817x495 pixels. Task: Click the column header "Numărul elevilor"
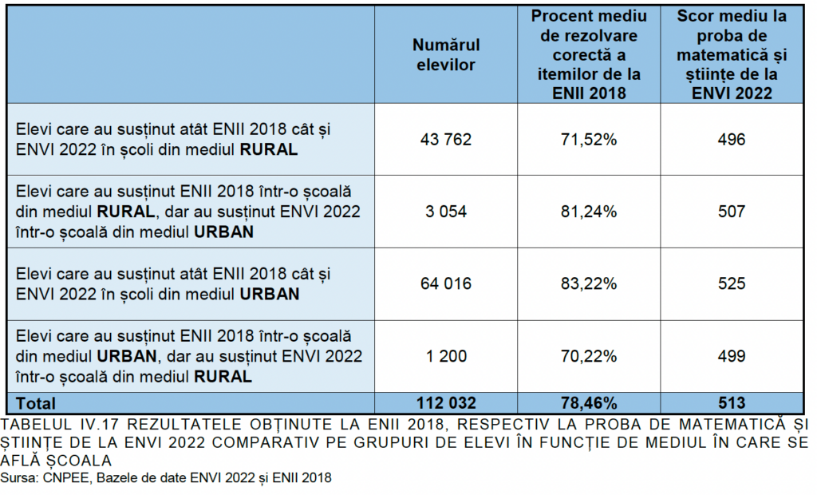tap(446, 55)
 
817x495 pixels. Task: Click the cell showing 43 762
tap(446, 140)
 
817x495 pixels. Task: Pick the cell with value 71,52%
tap(589, 140)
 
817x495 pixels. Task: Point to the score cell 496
tap(731, 140)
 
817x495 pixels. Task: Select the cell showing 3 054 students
tap(446, 212)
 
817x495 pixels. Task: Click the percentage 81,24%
tap(589, 212)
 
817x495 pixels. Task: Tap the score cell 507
tap(731, 212)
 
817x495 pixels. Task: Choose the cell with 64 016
tap(446, 283)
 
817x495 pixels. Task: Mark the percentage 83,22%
tap(589, 283)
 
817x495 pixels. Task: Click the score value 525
tap(731, 283)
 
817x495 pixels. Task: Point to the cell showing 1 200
tap(446, 356)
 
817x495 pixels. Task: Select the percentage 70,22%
tap(589, 356)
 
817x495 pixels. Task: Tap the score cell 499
tap(731, 356)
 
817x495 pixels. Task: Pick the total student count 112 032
tap(446, 403)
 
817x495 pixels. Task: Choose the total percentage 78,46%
tap(589, 403)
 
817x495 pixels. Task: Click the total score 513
tap(731, 403)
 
